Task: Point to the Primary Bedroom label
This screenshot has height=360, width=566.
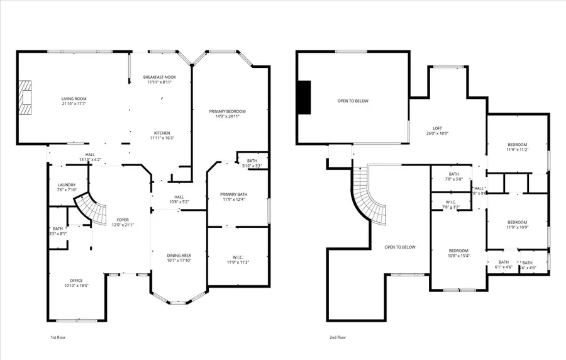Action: (227, 114)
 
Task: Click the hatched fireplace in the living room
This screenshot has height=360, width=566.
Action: (25, 98)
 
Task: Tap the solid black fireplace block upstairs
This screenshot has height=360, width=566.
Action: (304, 98)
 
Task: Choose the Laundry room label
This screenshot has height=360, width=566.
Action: (67, 188)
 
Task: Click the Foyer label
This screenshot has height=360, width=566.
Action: (123, 222)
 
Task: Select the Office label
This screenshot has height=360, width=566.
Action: (76, 283)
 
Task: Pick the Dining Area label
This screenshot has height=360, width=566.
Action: (179, 258)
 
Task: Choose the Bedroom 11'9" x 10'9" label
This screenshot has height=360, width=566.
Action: (517, 225)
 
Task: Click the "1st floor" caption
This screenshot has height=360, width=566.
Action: (58, 337)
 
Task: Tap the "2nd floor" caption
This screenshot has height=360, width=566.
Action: (338, 337)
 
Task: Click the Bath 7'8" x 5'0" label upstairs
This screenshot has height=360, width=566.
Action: (454, 177)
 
